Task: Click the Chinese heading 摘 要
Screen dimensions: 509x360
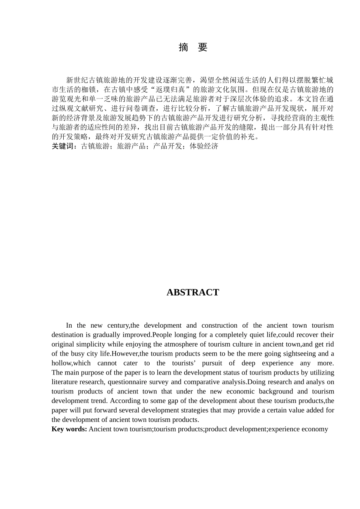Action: (x=193, y=47)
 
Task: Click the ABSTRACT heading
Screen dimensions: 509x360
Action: (x=193, y=292)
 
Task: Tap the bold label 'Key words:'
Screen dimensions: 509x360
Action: (x=69, y=429)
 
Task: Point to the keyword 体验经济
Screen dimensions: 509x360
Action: (x=204, y=146)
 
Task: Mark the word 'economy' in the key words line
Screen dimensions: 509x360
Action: (x=313, y=429)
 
